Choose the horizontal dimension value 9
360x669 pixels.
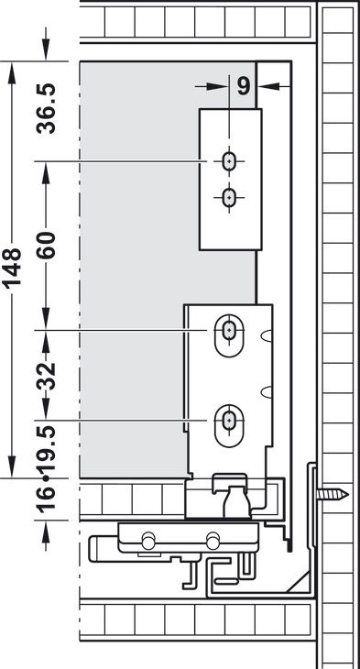click(243, 86)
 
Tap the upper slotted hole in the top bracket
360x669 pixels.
click(227, 161)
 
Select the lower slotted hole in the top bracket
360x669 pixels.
click(227, 195)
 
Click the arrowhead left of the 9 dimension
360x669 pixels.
click(221, 86)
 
